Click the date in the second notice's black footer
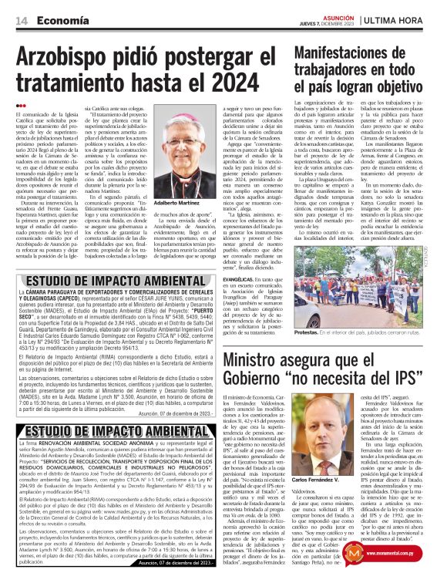click(x=178, y=561)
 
